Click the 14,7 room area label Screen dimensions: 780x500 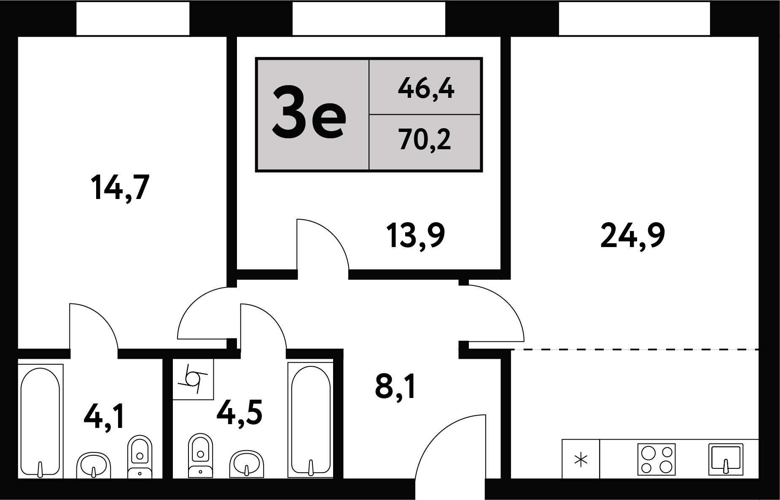tap(120, 188)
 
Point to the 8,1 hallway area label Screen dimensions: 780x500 tap(395, 387)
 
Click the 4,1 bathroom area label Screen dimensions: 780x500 tap(104, 416)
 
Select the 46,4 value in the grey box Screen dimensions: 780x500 tap(426, 89)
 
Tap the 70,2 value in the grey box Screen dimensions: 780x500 tap(425, 140)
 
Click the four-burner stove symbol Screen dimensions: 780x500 tap(656, 459)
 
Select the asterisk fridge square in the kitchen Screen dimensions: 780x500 tap(581, 459)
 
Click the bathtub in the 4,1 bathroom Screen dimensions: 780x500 tap(40, 421)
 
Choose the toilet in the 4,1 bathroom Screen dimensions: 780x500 tap(140, 457)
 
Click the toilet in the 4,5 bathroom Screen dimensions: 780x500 tap(200, 456)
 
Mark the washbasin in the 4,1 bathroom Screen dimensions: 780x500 tap(93, 465)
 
